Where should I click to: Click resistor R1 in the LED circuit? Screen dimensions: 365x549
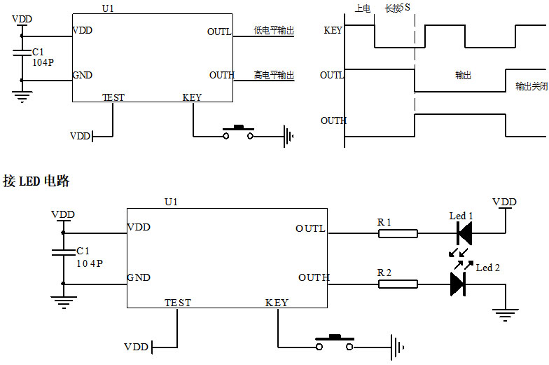[398, 234]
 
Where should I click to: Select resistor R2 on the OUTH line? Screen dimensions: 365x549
[398, 284]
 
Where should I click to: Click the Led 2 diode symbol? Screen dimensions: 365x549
[458, 284]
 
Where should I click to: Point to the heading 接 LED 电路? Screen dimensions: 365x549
[36, 181]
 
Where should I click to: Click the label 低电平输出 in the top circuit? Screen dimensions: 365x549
[274, 31]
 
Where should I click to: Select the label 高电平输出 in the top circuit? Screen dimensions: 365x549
[274, 75]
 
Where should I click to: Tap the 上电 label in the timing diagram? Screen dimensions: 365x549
[363, 8]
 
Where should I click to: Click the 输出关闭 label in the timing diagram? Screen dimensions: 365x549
[531, 86]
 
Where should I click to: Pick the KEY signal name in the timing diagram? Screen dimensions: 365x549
[333, 30]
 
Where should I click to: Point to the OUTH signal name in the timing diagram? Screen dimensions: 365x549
[333, 120]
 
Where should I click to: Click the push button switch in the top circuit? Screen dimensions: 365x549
[238, 132]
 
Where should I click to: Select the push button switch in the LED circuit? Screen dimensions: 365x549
[334, 343]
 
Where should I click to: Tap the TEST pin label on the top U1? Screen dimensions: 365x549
[113, 97]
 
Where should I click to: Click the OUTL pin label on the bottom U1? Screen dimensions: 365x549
[310, 228]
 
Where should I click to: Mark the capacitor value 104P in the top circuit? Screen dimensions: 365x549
[43, 62]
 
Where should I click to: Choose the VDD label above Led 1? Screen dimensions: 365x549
[504, 202]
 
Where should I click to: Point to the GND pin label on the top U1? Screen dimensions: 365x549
[82, 75]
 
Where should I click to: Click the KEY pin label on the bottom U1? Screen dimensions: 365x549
[277, 303]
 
